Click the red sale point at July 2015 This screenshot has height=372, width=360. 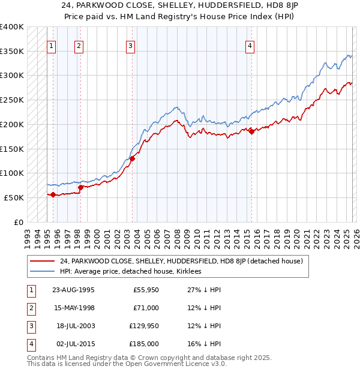[x=251, y=132]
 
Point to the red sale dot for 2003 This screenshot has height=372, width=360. [x=133, y=158]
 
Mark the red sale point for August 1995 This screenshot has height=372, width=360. [x=53, y=194]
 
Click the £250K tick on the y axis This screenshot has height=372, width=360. [x=12, y=100]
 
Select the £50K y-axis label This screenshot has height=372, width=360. [x=14, y=197]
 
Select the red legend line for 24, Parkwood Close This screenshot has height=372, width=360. [x=43, y=261]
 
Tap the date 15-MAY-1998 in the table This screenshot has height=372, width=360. [x=73, y=308]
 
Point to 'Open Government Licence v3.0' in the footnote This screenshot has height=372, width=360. [x=175, y=364]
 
